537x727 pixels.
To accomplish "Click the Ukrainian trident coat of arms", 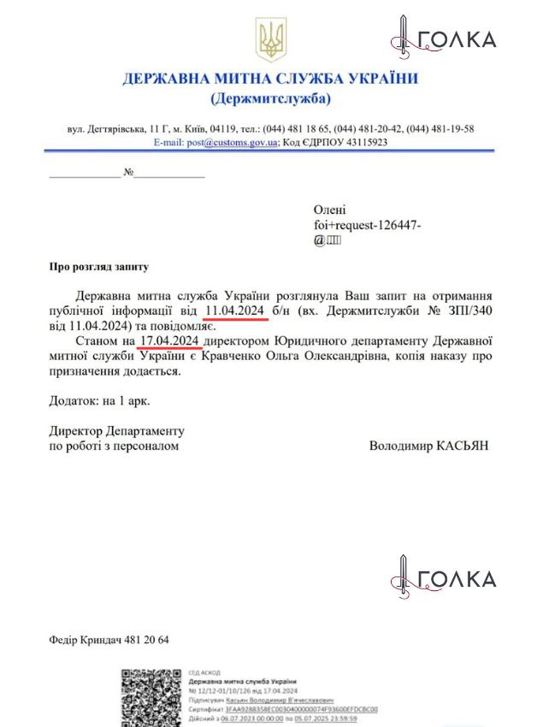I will (271, 40).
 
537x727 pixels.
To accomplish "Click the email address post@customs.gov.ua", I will (230, 142).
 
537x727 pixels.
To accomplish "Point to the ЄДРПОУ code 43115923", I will (355, 142).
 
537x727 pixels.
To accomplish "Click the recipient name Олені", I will (331, 210).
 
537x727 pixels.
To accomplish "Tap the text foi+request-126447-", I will (368, 225).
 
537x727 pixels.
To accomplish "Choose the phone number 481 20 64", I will (146, 641).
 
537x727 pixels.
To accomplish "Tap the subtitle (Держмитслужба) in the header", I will (270, 99).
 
